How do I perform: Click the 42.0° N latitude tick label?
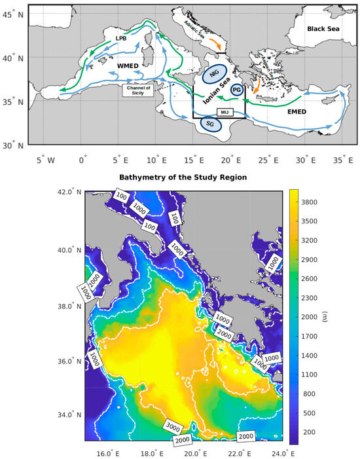coord(67,192)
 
